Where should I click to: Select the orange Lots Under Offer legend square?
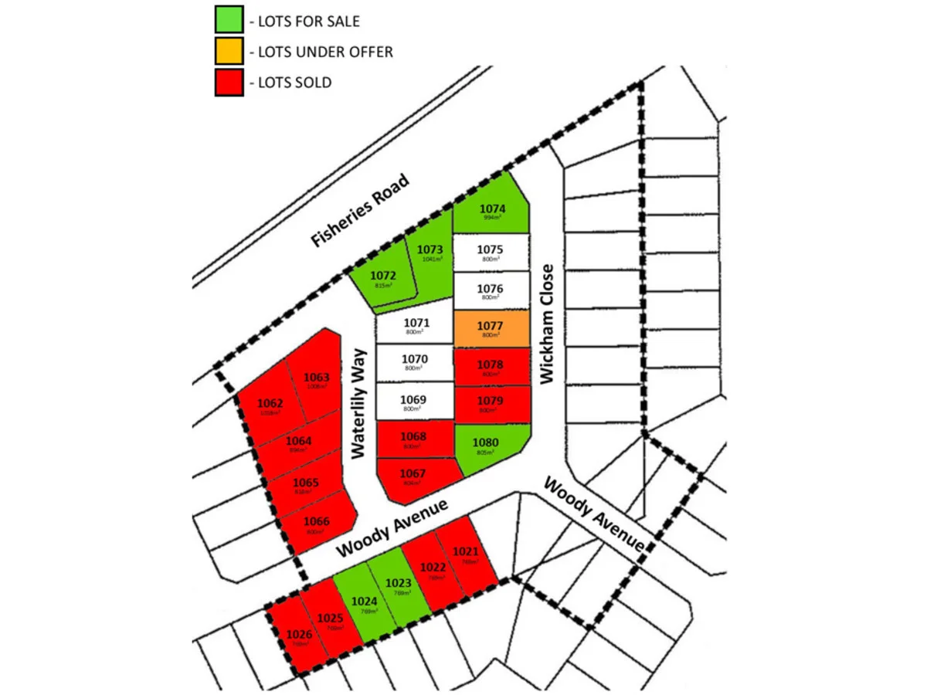click(229, 51)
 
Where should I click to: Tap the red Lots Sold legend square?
click(229, 82)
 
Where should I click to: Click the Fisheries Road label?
click(359, 211)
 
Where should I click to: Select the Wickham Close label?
click(548, 324)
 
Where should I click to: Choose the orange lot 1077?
click(491, 328)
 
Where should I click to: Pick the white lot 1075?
click(491, 252)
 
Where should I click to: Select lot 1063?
click(315, 380)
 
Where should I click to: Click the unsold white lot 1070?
click(414, 362)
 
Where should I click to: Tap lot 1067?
click(413, 477)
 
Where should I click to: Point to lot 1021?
click(467, 554)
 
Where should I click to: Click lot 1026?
click(299, 638)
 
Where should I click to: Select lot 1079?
click(491, 404)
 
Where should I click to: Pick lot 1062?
click(270, 405)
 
